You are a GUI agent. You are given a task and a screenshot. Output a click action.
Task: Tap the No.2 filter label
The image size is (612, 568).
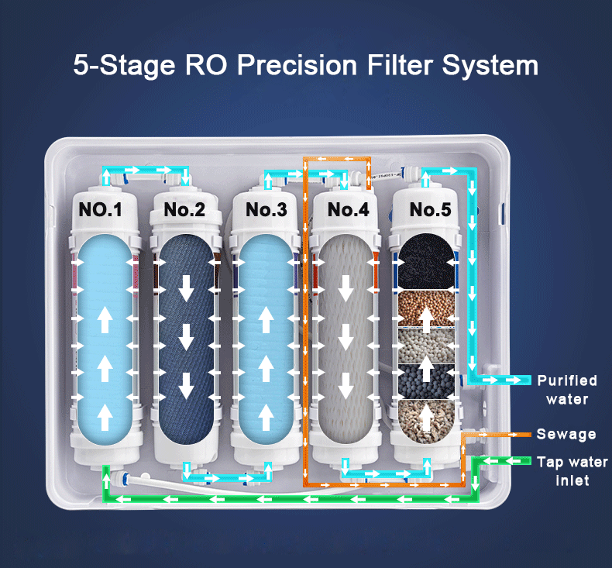pos(184,209)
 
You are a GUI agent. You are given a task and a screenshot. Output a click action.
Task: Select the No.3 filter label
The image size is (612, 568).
pos(266,209)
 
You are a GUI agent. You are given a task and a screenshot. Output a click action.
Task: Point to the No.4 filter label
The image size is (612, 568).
pos(348,209)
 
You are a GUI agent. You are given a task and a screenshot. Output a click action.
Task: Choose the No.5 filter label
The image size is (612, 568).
pos(430,209)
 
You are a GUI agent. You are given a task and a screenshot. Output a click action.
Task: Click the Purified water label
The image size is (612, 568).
pos(567,390)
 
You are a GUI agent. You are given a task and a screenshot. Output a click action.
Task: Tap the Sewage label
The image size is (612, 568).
pos(566,434)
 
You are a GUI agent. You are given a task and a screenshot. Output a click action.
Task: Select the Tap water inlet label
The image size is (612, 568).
pos(572,471)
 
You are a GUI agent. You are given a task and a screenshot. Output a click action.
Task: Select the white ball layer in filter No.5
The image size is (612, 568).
pos(427,346)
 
